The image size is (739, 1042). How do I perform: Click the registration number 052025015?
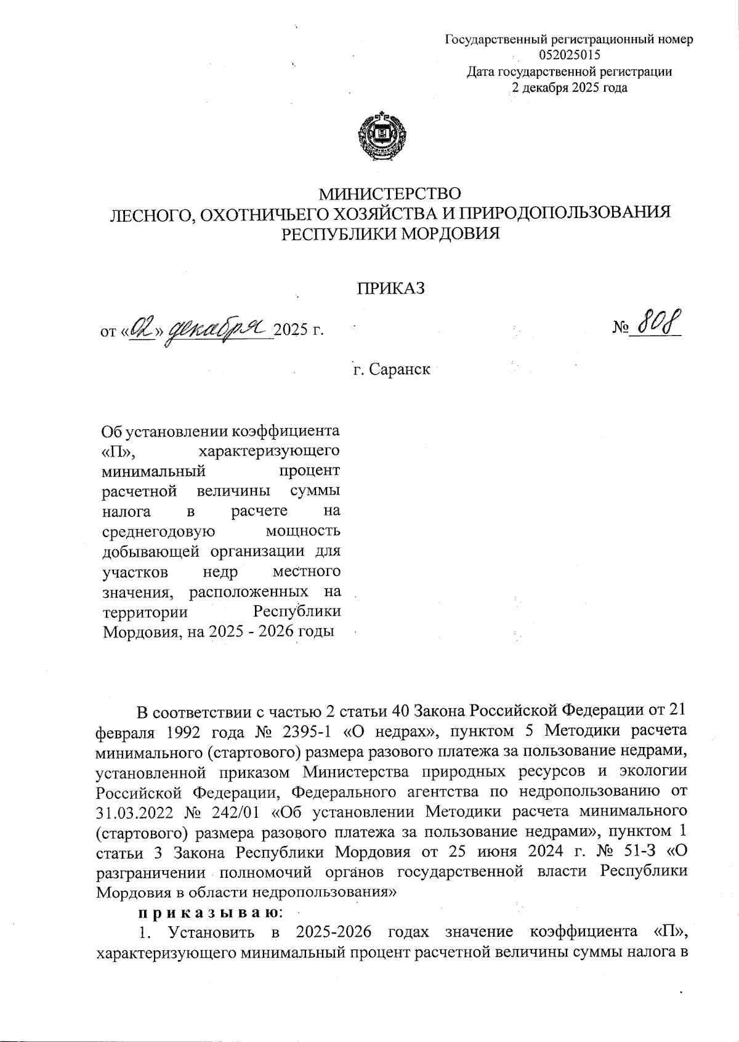click(569, 55)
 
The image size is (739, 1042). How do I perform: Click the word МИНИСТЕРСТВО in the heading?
click(389, 194)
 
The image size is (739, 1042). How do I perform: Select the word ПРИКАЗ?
click(392, 288)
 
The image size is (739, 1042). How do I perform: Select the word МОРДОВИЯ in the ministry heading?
click(447, 233)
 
